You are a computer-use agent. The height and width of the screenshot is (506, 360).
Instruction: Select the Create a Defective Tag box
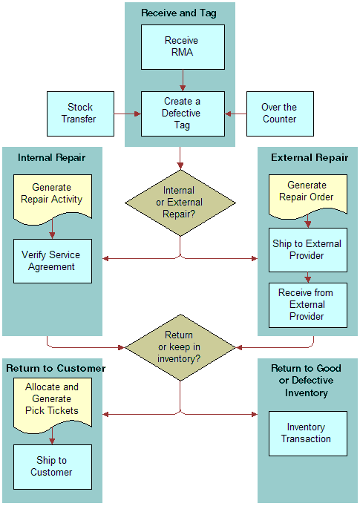pyautogui.click(x=182, y=114)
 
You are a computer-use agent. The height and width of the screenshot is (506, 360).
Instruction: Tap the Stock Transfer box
pyautogui.click(x=79, y=114)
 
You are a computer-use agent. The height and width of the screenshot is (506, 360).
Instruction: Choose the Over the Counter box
pyautogui.click(x=278, y=114)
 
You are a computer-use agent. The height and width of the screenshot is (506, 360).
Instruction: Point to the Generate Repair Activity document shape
pyautogui.click(x=52, y=194)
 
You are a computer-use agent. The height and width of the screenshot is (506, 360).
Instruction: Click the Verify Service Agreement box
pyautogui.click(x=52, y=260)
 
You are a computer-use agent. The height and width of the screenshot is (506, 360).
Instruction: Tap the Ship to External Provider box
pyautogui.click(x=307, y=249)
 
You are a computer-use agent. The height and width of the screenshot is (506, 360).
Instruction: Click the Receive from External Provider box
pyautogui.click(x=307, y=304)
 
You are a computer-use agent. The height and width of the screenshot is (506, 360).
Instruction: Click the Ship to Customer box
pyautogui.click(x=52, y=466)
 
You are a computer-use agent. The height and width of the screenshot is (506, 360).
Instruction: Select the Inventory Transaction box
pyautogui.click(x=307, y=433)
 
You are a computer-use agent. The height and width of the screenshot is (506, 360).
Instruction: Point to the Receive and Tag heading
pyautogui.click(x=179, y=13)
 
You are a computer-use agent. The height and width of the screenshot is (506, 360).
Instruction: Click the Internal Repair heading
pyautogui.click(x=52, y=157)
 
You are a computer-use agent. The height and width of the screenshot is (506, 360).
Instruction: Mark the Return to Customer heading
pyautogui.click(x=56, y=368)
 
